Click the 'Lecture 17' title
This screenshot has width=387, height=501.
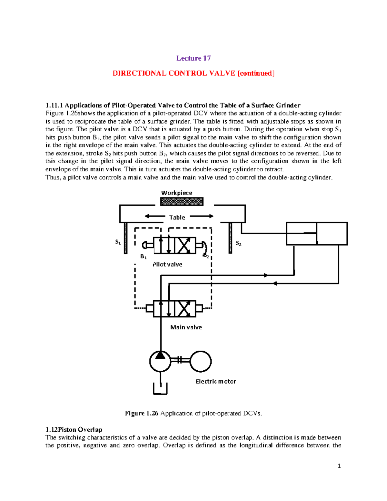tap(193, 58)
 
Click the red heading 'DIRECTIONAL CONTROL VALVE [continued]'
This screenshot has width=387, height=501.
tap(193, 73)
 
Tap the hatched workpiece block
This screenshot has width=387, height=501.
tap(182, 202)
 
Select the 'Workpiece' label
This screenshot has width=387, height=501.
tap(177, 193)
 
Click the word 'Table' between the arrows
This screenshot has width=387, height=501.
tap(177, 217)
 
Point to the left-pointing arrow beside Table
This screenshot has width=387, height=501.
tap(155, 216)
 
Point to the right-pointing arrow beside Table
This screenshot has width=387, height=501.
tap(202, 216)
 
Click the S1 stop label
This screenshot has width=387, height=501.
tap(118, 242)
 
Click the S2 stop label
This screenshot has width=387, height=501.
tap(238, 243)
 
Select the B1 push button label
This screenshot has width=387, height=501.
tap(143, 257)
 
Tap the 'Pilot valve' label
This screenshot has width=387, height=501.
tap(167, 265)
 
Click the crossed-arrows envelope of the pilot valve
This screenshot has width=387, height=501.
tap(185, 246)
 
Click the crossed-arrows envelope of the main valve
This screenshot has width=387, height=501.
tap(185, 309)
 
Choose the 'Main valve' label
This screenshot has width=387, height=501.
tap(186, 327)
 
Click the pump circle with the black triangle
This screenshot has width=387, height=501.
tap(160, 361)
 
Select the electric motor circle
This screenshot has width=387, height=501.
tap(201, 362)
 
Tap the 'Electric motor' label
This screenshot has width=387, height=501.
tap(216, 381)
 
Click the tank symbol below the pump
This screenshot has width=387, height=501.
tap(160, 389)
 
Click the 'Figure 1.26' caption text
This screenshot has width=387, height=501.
tap(193, 413)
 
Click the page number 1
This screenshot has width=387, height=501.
tap(339, 466)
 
